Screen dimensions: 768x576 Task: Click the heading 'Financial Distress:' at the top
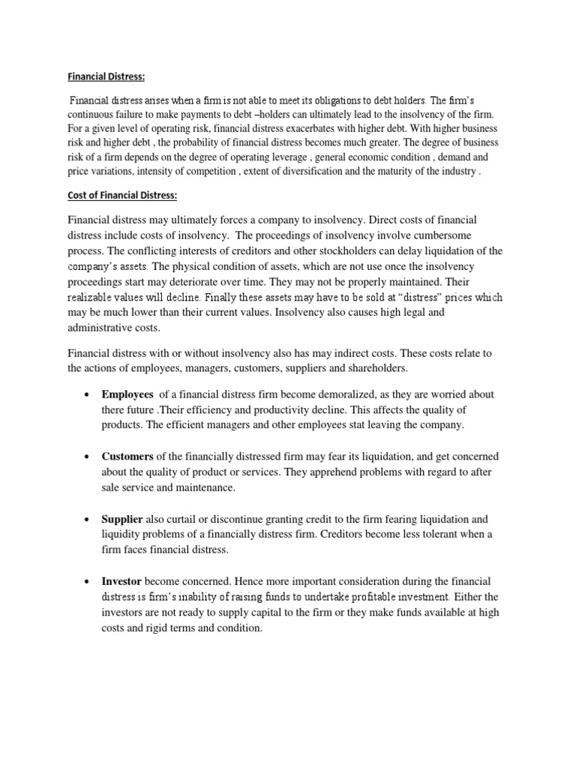point(107,76)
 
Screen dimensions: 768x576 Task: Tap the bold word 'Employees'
point(127,394)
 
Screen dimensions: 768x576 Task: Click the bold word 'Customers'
point(127,456)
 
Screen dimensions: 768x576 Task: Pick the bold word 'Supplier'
point(122,518)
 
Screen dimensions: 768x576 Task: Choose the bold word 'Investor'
point(121,581)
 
